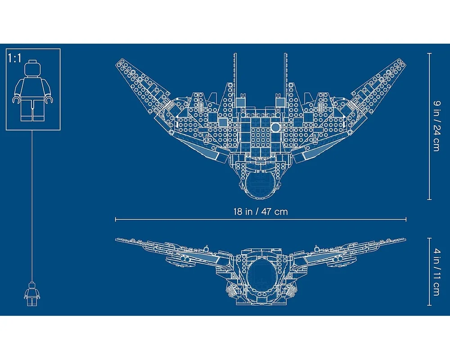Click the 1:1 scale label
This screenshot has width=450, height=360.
[15, 58]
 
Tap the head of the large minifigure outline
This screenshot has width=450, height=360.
[32, 68]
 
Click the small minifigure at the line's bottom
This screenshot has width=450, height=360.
[32, 294]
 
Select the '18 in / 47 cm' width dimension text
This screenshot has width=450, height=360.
[260, 212]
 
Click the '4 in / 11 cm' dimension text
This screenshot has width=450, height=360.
[436, 272]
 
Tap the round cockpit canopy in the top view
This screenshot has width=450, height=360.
[260, 184]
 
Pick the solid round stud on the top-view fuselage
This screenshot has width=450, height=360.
[275, 127]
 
